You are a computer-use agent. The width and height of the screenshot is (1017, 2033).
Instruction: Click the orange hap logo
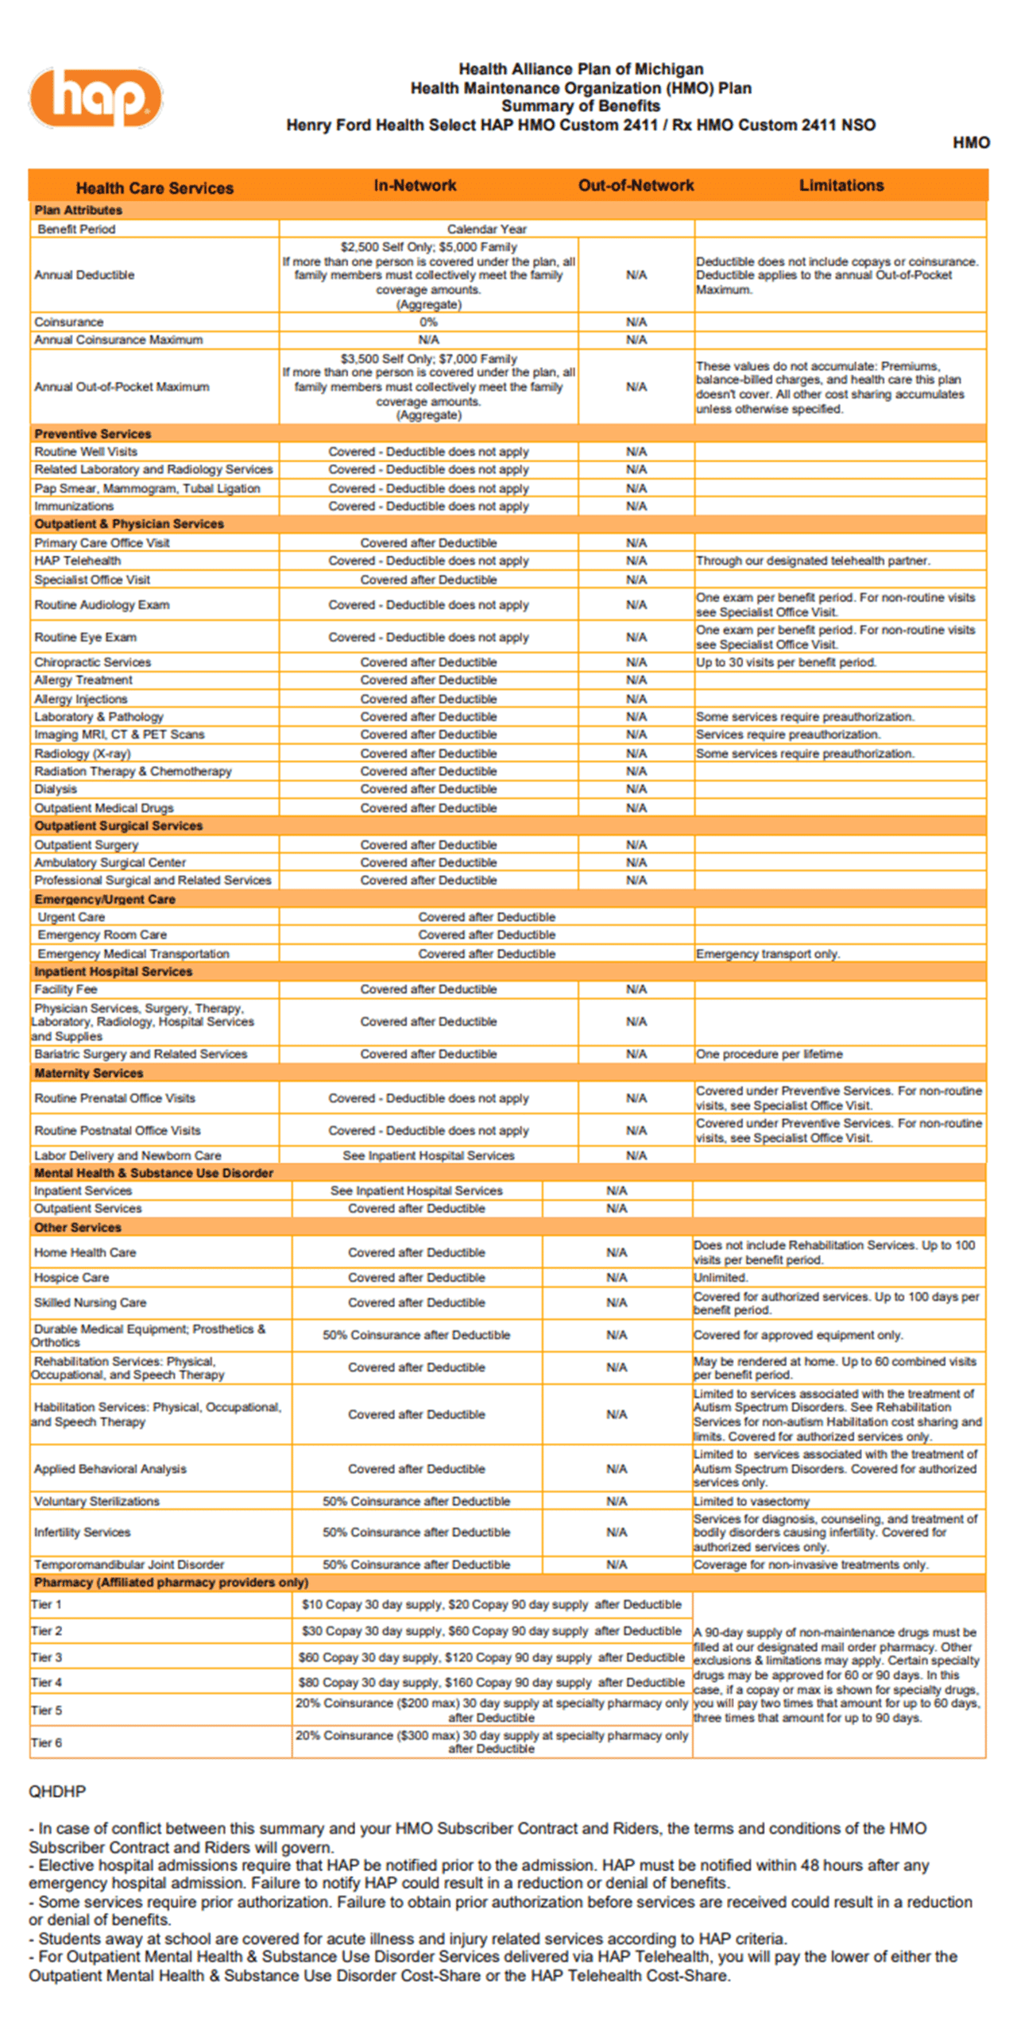(95, 98)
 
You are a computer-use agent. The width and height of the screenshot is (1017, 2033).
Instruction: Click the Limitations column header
(841, 185)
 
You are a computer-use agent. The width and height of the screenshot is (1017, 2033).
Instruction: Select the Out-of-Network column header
(636, 185)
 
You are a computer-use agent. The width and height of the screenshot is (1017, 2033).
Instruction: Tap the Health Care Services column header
(154, 187)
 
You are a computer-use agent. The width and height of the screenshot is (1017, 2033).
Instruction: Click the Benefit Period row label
(76, 229)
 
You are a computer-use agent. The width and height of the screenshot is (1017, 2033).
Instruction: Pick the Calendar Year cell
(486, 229)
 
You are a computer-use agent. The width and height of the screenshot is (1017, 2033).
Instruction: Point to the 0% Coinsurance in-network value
(428, 322)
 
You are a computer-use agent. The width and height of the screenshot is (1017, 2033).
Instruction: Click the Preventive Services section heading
(92, 434)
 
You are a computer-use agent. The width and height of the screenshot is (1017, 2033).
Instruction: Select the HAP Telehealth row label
(77, 561)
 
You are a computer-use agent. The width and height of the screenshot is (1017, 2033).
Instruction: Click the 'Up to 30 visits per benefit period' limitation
(786, 662)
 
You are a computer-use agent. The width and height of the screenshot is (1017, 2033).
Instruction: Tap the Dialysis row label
(56, 789)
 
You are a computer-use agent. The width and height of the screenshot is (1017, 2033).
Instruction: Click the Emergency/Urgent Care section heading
(104, 899)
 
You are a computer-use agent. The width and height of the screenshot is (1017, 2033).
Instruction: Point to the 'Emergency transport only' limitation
(768, 954)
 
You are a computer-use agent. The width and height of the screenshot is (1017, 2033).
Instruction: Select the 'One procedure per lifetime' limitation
(769, 1054)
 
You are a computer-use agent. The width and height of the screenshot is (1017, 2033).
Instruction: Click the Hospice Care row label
(72, 1277)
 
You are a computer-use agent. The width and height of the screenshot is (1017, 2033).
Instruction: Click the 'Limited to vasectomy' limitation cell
(752, 1501)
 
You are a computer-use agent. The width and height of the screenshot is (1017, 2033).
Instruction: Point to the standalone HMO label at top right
(971, 143)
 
